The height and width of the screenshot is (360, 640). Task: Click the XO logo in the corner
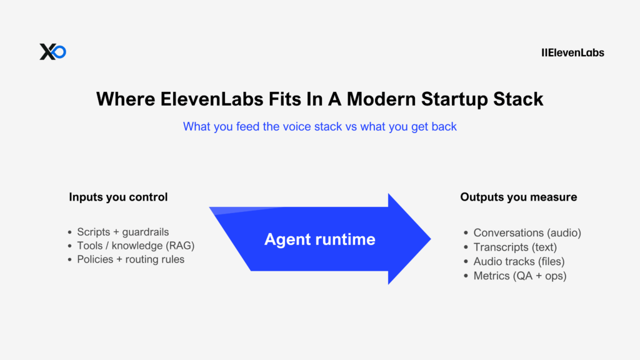pos(52,52)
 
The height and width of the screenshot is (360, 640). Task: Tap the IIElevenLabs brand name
pos(572,52)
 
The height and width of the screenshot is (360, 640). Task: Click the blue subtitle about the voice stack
pos(319,126)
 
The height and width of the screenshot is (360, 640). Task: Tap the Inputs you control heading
pos(118,197)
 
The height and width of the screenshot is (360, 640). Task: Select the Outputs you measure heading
pos(518,197)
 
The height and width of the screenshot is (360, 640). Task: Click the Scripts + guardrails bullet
pos(122,232)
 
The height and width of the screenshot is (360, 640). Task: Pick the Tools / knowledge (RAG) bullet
pos(136,246)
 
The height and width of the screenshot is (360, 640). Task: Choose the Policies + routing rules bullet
pos(131,259)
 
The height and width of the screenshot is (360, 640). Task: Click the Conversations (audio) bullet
pos(527,232)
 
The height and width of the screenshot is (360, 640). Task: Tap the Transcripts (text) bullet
pos(515,247)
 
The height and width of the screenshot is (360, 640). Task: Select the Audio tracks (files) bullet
pos(519,261)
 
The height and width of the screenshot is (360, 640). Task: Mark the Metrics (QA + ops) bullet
pos(519,276)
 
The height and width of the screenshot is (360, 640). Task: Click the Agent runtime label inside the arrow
pos(319,239)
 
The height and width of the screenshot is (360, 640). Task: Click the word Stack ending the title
pos(519,99)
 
